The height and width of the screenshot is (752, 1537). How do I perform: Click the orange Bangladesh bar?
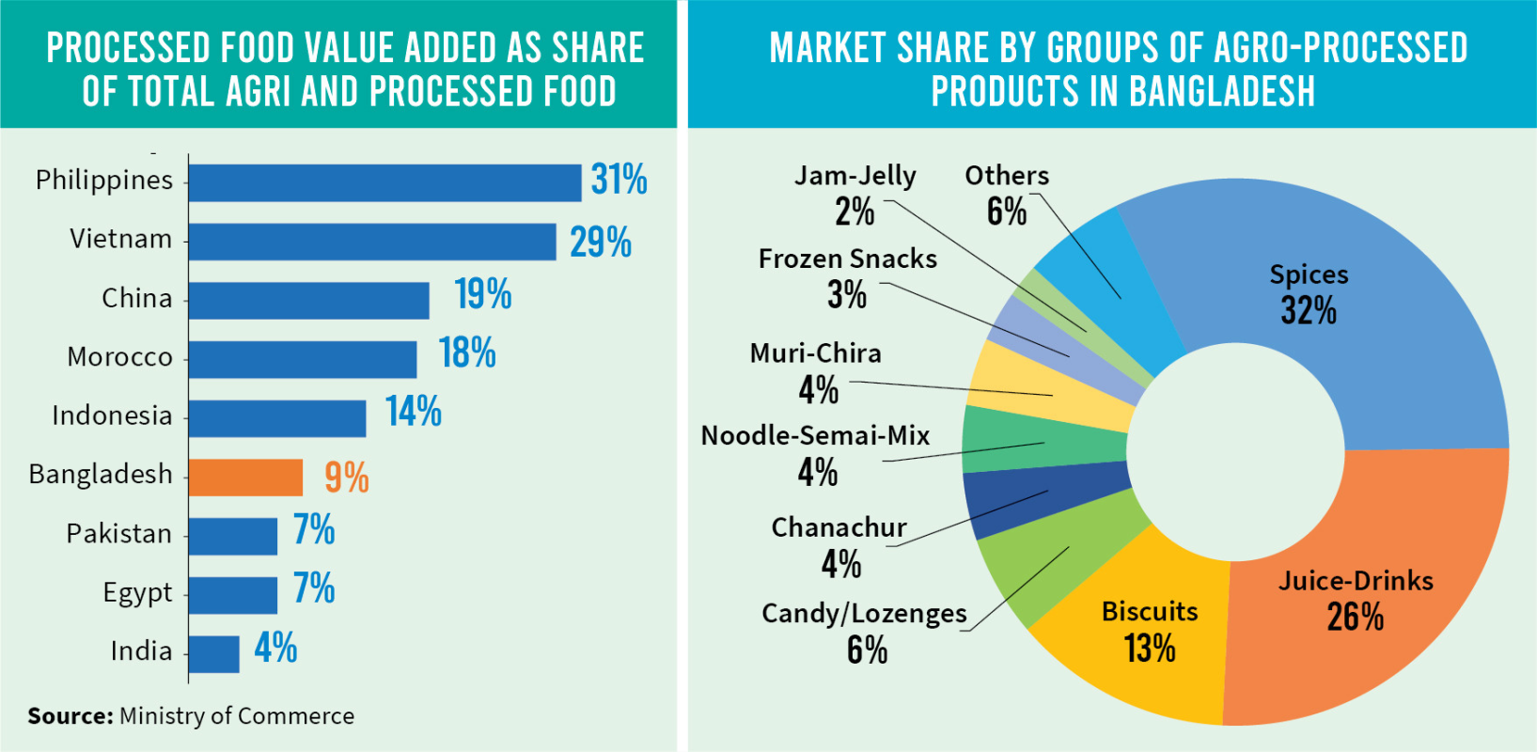coord(245,478)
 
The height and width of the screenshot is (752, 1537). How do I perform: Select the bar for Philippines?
coord(384,182)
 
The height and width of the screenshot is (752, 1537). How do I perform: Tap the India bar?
coord(213,654)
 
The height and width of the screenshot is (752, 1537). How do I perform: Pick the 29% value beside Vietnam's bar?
coord(600,243)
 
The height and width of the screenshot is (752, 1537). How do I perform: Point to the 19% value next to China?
coord(482,295)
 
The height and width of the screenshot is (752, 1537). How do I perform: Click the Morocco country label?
coord(120,357)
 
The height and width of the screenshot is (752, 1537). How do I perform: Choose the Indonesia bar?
coord(277,418)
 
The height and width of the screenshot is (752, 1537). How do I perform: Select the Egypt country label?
coord(137,593)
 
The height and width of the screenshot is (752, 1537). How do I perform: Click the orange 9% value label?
coord(346,478)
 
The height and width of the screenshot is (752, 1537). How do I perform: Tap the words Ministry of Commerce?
coord(237,716)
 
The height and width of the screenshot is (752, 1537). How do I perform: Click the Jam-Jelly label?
coord(855,176)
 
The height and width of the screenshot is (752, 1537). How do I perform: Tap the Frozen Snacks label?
coord(847,259)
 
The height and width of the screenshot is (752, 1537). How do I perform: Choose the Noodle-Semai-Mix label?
coord(815,436)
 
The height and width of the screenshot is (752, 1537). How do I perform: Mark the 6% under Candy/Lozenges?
coord(867,650)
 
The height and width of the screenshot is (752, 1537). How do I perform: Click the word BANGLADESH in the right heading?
coord(1221,91)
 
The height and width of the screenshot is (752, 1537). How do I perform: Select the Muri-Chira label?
coord(815,353)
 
